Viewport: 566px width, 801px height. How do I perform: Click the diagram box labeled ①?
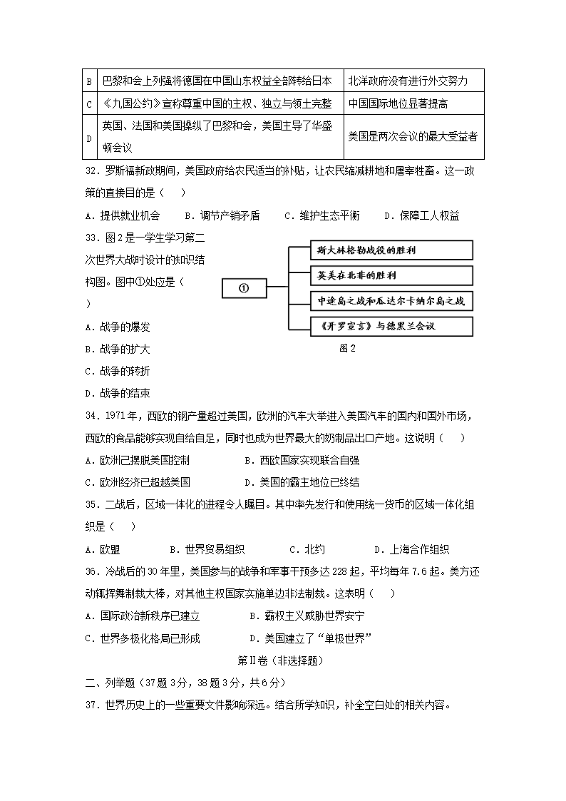tap(243, 289)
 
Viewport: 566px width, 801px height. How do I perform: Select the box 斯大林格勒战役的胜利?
tap(392, 250)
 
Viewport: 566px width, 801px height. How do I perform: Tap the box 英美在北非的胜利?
tap(392, 276)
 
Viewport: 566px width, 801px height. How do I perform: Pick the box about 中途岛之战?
tap(392, 301)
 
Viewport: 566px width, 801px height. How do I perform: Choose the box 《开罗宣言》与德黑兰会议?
tap(392, 327)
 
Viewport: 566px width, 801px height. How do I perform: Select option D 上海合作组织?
tap(411, 549)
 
